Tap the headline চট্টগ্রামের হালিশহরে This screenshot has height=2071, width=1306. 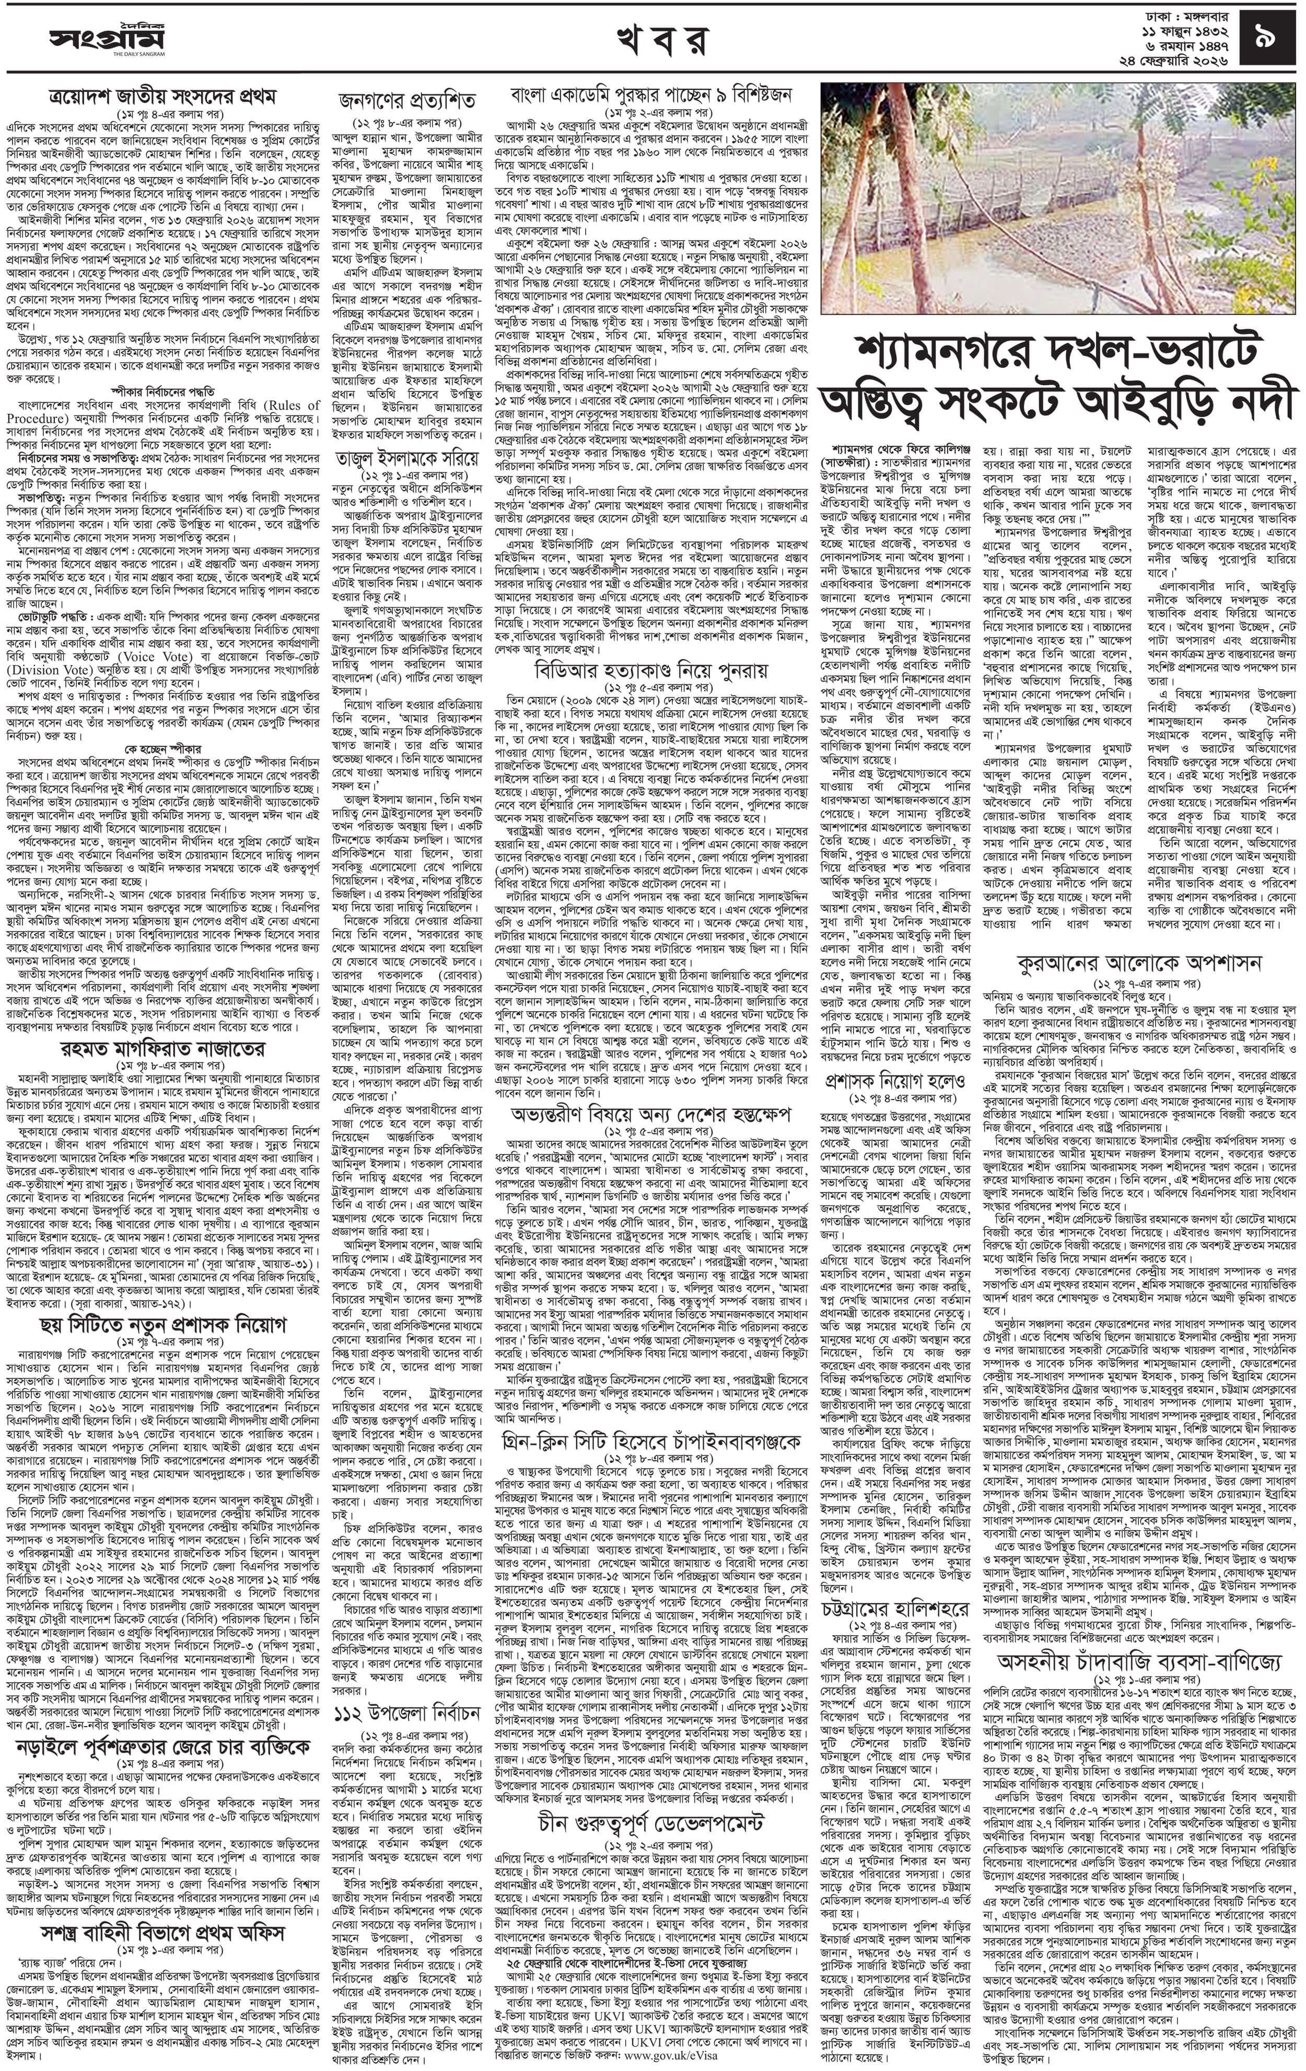click(894, 1609)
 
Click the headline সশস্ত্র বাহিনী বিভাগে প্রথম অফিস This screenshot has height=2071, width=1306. click(161, 1927)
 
